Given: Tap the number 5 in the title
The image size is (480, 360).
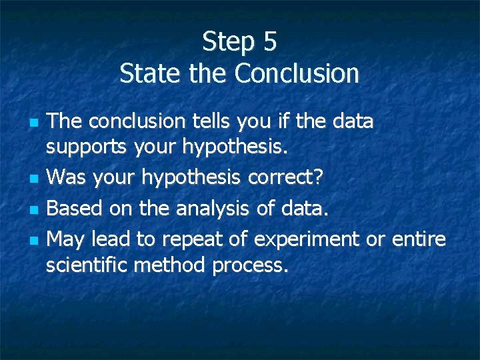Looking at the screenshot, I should pos(269,42).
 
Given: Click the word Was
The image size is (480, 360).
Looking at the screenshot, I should pos(68,177).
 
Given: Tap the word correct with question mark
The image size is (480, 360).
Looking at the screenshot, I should pos(290,177).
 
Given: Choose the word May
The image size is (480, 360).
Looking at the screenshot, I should pos(68,239).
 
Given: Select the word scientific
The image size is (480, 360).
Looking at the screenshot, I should pos(87,265).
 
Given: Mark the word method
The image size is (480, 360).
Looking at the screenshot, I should pos(170,265).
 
